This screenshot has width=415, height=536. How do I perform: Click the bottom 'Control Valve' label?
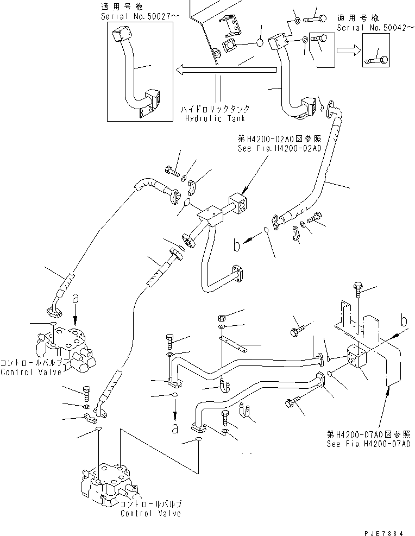150,513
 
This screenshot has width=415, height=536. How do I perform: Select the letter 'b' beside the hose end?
237,246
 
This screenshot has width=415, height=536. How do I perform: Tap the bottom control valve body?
108,483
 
